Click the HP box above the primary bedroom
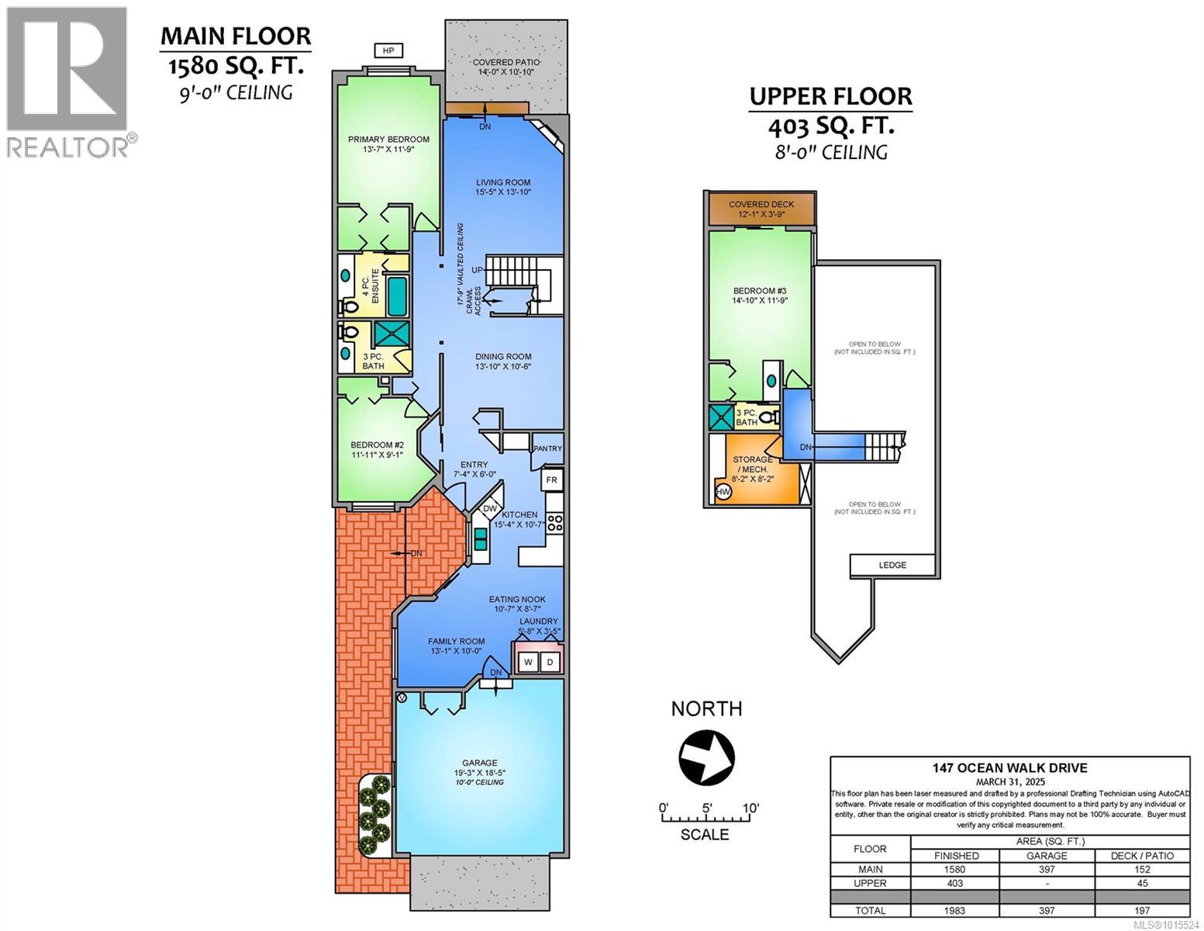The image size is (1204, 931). [x=388, y=50]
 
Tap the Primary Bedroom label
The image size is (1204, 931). [x=388, y=139]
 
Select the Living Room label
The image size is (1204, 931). [x=503, y=182]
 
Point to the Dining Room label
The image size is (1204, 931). [x=503, y=357]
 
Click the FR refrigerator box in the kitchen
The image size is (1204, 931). [x=552, y=479]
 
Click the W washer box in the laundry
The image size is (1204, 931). [x=529, y=662]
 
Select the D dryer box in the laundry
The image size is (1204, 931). [x=550, y=662]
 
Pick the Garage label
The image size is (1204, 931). [x=480, y=763]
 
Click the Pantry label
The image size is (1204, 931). [x=547, y=448]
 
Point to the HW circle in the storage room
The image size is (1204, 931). [x=723, y=492]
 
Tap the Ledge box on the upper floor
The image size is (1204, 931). [x=892, y=566]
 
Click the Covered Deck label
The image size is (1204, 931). [x=761, y=204]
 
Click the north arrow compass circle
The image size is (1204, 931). [x=706, y=757]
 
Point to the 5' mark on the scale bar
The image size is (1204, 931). [x=707, y=808]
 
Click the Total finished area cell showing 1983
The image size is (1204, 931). [x=954, y=911]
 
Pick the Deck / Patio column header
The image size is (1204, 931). [x=1142, y=856]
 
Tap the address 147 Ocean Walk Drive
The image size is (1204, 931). [x=1009, y=768]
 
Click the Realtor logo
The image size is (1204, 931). [x=67, y=82]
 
